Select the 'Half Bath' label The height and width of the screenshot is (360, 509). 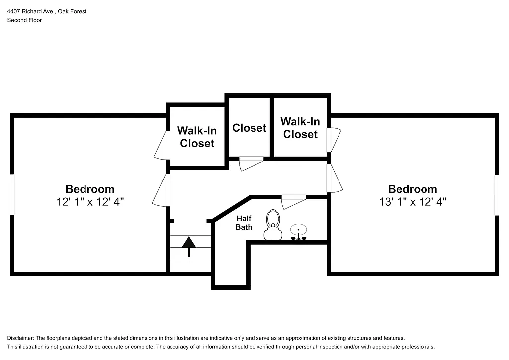pyautogui.click(x=244, y=223)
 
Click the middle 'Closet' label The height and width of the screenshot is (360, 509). pyautogui.click(x=249, y=128)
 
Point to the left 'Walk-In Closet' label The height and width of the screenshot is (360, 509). pyautogui.click(x=197, y=137)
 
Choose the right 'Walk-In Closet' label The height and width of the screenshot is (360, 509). pyautogui.click(x=300, y=128)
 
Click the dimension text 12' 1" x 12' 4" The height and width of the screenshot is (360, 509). pyautogui.click(x=90, y=202)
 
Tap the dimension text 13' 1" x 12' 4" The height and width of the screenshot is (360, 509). pyautogui.click(x=413, y=202)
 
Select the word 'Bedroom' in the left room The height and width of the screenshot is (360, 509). pyautogui.click(x=90, y=189)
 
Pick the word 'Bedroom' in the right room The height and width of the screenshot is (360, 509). pyautogui.click(x=413, y=189)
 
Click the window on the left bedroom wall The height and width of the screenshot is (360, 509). pyautogui.click(x=12, y=194)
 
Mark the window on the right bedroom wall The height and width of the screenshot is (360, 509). pyautogui.click(x=496, y=194)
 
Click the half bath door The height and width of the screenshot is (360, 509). pyautogui.click(x=293, y=201)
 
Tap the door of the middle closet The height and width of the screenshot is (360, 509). pyautogui.click(x=251, y=162)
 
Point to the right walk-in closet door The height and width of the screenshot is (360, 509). pyautogui.click(x=334, y=140)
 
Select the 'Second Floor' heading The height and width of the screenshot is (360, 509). pyautogui.click(x=24, y=20)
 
